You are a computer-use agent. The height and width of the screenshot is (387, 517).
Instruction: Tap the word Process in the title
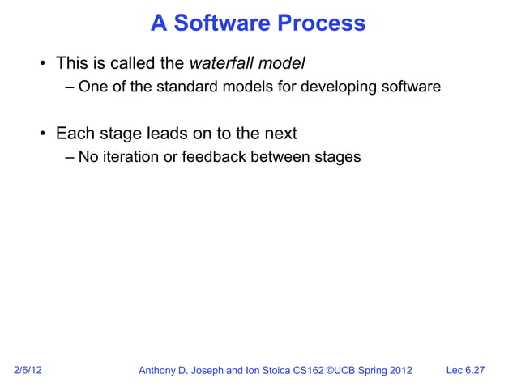[322, 23]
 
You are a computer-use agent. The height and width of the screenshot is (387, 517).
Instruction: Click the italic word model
[281, 63]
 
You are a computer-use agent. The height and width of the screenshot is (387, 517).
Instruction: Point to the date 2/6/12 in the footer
[28, 371]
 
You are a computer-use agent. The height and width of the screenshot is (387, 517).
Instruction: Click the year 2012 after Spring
[399, 371]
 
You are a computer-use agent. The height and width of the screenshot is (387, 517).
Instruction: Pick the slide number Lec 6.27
[465, 371]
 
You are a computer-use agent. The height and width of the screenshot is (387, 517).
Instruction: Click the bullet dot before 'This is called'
[39, 64]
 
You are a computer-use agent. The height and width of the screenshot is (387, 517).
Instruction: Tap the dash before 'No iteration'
[70, 156]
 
